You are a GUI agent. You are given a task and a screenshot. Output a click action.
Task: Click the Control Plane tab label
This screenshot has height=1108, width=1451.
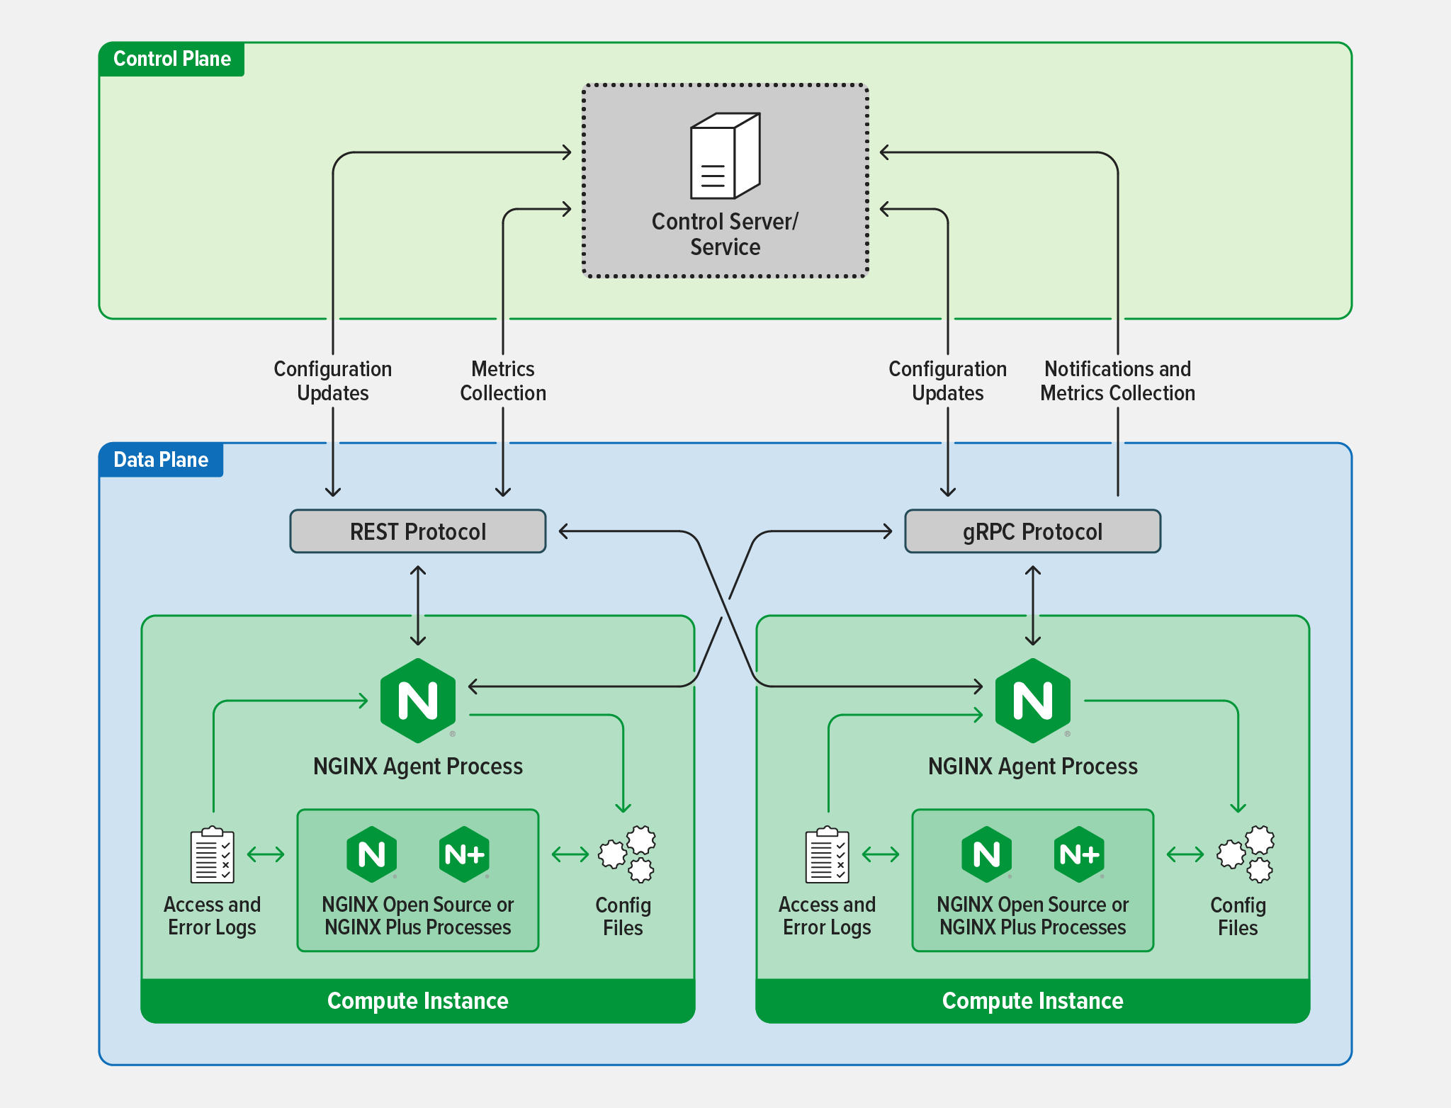point(171,59)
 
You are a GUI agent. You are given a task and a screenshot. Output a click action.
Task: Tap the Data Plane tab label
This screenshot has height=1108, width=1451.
point(161,460)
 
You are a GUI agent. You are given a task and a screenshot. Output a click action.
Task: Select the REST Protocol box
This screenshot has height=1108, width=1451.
point(417,531)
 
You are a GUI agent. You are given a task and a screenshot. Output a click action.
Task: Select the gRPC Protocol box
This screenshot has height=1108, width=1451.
point(1032,531)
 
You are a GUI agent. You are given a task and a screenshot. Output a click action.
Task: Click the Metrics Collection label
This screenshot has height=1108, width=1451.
point(503,381)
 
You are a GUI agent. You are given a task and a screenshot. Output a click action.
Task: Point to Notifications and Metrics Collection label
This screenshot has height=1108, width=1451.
point(1117,381)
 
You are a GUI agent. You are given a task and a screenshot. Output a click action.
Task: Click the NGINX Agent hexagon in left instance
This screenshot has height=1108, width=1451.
point(418,701)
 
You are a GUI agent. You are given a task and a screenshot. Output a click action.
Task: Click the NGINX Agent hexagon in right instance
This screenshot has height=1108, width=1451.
point(1032,701)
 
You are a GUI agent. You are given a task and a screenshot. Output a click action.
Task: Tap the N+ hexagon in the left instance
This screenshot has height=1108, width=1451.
point(464,854)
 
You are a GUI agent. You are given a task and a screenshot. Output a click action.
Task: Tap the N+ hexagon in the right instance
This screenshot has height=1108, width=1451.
point(1079,854)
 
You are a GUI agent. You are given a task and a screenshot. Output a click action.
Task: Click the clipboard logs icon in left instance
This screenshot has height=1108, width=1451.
point(212,855)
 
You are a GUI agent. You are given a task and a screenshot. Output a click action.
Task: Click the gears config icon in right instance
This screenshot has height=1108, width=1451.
point(1246,854)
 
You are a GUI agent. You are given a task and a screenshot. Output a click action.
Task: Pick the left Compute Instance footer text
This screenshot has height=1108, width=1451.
point(417,1000)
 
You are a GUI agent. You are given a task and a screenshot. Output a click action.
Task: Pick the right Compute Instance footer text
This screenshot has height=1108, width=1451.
point(1032,1000)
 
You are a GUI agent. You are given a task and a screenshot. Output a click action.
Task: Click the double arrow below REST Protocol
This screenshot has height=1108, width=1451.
point(418,606)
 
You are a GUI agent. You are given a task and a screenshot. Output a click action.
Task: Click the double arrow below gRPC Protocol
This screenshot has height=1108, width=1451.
point(1033,606)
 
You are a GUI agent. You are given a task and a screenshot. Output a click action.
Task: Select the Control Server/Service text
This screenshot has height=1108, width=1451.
point(725,234)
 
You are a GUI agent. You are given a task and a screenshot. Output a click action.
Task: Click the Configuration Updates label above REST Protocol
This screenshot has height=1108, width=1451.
point(333,381)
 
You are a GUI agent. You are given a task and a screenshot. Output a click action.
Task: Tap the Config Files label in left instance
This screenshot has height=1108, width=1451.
point(623,916)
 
